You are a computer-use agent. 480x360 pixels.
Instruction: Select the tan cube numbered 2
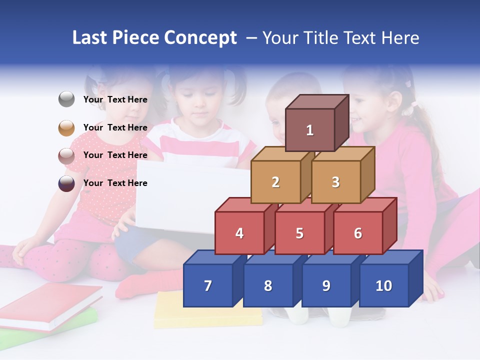pos(275,182)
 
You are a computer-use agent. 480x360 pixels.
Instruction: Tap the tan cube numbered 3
pos(335,182)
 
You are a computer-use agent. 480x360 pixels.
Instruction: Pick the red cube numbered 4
pos(239,233)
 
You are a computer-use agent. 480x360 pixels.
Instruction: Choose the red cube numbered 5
pos(299,233)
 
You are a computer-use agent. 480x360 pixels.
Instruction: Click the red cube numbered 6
pos(358,233)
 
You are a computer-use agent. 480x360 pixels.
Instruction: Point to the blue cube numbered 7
pos(208,285)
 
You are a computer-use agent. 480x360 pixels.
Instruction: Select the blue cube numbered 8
pos(268,285)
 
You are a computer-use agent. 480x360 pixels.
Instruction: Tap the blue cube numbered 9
pos(326,285)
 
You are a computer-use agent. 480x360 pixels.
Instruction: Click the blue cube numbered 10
pos(383,285)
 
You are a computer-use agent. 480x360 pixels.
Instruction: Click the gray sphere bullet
pos(66,99)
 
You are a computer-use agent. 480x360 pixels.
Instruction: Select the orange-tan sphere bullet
pos(66,127)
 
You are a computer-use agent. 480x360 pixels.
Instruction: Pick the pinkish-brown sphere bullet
pos(66,155)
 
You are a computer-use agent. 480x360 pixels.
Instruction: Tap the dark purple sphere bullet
pos(66,183)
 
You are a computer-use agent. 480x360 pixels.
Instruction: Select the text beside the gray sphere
pos(115,99)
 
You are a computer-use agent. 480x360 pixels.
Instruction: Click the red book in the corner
pos(45,305)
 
